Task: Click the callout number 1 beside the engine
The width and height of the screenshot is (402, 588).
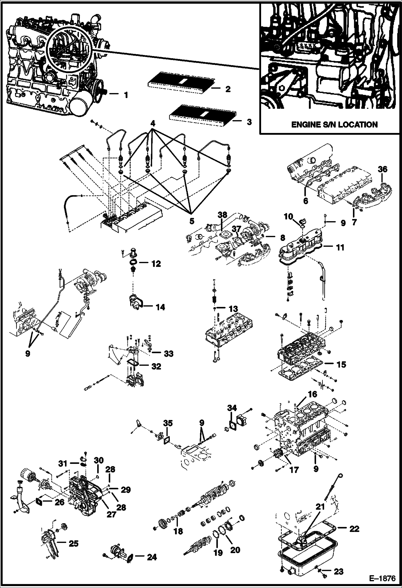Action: tap(126, 95)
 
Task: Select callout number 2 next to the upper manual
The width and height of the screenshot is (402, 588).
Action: tap(228, 89)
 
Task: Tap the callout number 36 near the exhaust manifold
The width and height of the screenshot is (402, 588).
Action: tap(382, 169)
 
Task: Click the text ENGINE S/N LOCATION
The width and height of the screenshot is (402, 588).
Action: tap(334, 124)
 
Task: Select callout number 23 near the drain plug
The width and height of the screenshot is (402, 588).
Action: tap(338, 571)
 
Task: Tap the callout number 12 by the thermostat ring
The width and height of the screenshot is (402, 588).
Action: tap(156, 264)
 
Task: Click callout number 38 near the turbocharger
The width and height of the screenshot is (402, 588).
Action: tap(222, 215)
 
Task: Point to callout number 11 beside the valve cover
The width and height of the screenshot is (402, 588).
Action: tap(340, 247)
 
